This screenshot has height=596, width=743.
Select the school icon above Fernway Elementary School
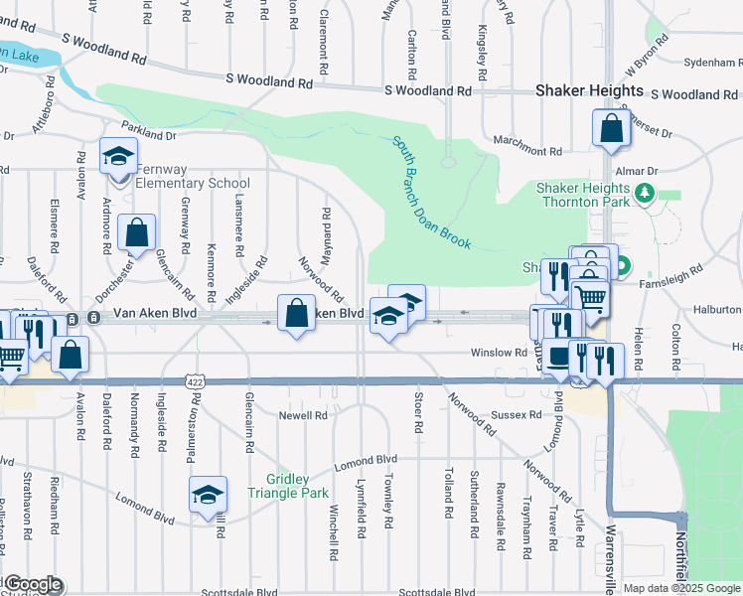pos(118,157)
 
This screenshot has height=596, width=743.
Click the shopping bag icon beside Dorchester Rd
pos(136,232)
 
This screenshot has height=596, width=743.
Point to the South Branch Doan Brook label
pos(436,192)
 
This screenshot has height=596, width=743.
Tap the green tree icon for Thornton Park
pos(646,193)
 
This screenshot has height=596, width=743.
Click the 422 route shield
pos(195,381)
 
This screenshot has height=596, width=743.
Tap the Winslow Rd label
pos(506,353)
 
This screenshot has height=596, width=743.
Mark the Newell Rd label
pos(302,415)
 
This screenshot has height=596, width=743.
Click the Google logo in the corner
pos(32,584)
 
